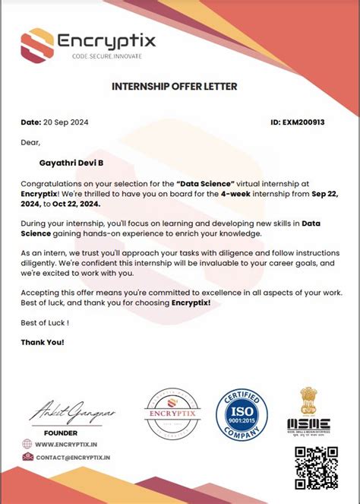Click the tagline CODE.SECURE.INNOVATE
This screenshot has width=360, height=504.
106,57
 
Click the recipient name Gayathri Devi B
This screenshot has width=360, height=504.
77,162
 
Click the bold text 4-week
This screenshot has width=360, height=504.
238,194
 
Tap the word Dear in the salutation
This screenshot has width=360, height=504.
30,141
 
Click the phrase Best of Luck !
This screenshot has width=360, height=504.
45,322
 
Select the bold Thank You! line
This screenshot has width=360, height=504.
43,342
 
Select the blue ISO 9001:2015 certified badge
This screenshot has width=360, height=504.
241,415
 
